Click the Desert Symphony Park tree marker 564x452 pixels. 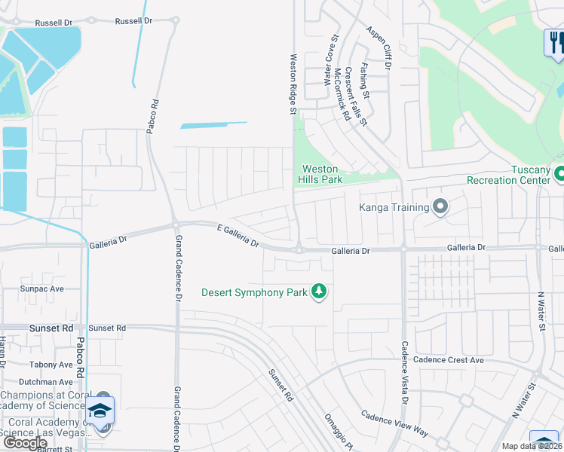319,292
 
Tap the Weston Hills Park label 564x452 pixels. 320,174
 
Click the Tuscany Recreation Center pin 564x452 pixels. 559,175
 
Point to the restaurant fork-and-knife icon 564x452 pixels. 555,42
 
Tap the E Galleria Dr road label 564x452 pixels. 238,236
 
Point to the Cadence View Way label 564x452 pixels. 394,423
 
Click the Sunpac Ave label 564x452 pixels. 42,289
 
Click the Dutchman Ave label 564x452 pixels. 45,382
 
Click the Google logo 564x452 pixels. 26,443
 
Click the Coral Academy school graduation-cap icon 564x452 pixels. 100,411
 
